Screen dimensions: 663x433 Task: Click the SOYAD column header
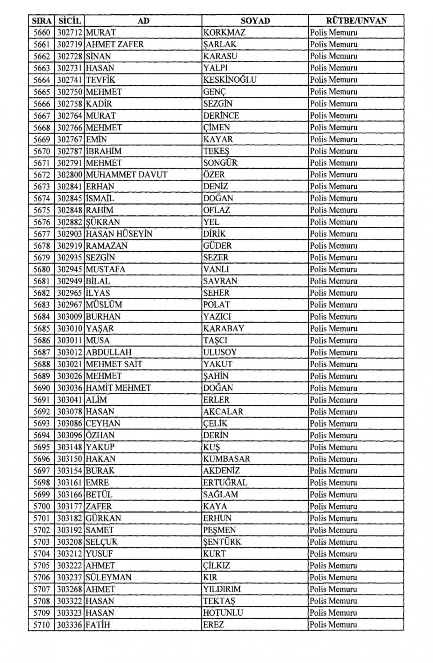tap(255, 20)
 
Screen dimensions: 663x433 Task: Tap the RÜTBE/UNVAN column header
tap(356, 20)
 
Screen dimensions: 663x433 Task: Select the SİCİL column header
tap(69, 20)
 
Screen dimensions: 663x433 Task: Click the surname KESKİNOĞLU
tap(230, 80)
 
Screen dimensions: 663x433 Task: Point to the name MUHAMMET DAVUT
tap(126, 175)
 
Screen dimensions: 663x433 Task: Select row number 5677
tap(42, 234)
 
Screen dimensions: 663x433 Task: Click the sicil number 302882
tap(70, 222)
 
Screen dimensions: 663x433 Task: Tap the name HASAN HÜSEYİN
tap(119, 234)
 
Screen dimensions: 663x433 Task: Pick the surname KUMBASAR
tap(226, 459)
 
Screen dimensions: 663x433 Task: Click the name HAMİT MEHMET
tap(118, 388)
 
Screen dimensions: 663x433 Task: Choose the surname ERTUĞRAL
tap(225, 482)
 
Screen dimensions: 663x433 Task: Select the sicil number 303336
tap(70, 624)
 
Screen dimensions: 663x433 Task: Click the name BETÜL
tap(99, 494)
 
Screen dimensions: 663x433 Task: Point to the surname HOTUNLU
tap(223, 613)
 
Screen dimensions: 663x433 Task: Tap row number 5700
tap(42, 506)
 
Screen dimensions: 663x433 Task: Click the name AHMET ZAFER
tap(115, 44)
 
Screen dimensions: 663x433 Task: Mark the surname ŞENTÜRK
tap(222, 542)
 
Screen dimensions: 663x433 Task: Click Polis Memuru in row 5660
tap(333, 32)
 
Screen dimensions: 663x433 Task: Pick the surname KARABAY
tap(223, 328)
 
